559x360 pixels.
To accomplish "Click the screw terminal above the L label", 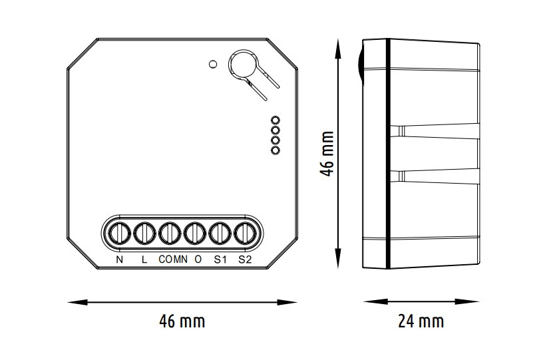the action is click(x=144, y=234).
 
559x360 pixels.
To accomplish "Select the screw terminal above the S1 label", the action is click(x=220, y=234).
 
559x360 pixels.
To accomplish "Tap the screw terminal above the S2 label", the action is click(x=245, y=234).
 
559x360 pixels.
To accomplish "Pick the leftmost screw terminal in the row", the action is click(x=119, y=234).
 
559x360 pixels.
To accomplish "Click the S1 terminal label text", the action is click(x=220, y=260).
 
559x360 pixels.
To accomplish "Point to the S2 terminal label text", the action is click(x=245, y=260).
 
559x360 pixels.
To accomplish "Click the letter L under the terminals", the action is click(x=144, y=260).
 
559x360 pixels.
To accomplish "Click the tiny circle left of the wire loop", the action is click(x=212, y=64).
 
